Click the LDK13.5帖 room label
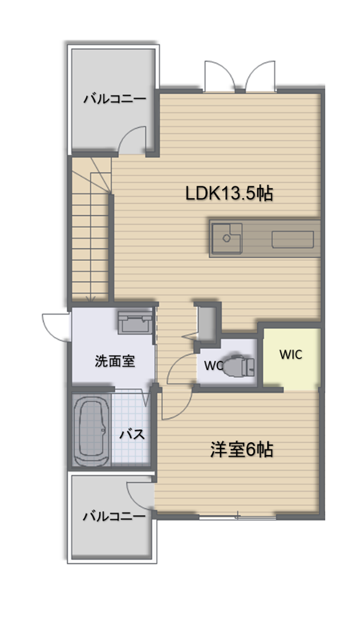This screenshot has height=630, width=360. coord(229,194)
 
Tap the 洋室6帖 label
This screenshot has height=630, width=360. coord(242,450)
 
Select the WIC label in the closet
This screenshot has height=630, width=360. coord(291,354)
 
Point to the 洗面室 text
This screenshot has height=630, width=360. coord(115,361)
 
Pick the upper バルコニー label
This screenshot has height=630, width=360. coord(115,99)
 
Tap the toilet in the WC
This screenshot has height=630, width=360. coord(238,365)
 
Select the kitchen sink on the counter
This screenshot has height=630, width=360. coord(227,238)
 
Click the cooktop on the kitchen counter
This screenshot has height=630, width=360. coord(292,239)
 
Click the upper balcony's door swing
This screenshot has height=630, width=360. coord(133,139)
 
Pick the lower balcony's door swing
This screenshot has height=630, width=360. coord(141,495)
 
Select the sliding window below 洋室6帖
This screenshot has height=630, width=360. coord(238,518)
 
